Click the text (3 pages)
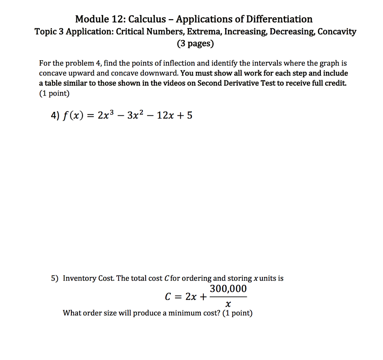pyautogui.click(x=195, y=44)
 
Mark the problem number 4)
pyautogui.click(x=55, y=116)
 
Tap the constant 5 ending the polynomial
pyautogui.click(x=190, y=116)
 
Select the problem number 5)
pyautogui.click(x=55, y=278)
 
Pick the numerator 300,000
pyautogui.click(x=228, y=289)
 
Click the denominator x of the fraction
pyautogui.click(x=228, y=305)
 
